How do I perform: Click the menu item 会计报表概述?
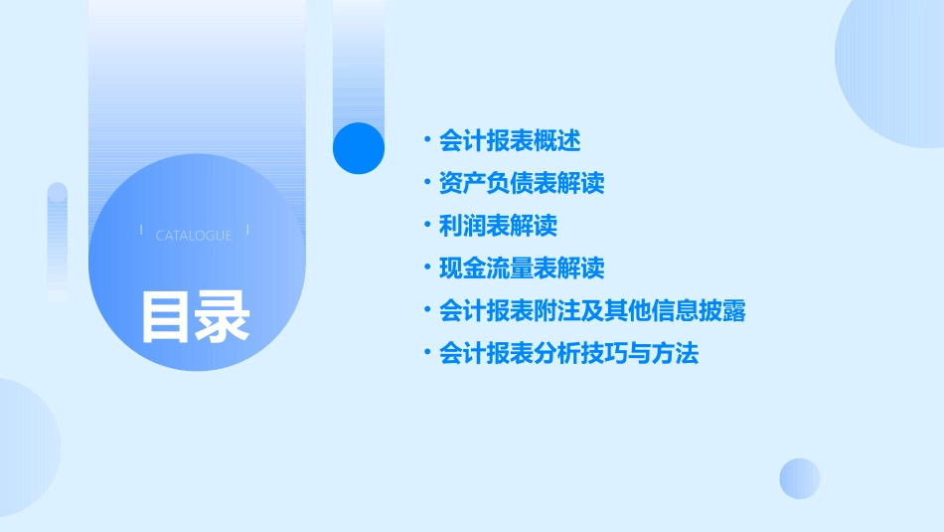[510, 140]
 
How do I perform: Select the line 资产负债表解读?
[522, 183]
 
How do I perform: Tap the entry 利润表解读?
[498, 226]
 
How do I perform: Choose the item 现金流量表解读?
[522, 268]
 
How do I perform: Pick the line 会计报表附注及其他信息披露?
[592, 311]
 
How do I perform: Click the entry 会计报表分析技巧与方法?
[568, 354]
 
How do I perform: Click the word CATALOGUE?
[194, 236]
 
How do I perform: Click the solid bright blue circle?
[359, 148]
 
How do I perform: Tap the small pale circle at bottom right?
[800, 478]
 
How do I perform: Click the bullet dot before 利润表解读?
[425, 226]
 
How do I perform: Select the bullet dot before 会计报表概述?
[425, 140]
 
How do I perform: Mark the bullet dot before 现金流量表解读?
[425, 268]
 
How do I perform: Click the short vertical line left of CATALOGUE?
[141, 232]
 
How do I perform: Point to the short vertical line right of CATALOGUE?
[246, 232]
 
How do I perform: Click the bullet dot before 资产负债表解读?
[425, 183]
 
